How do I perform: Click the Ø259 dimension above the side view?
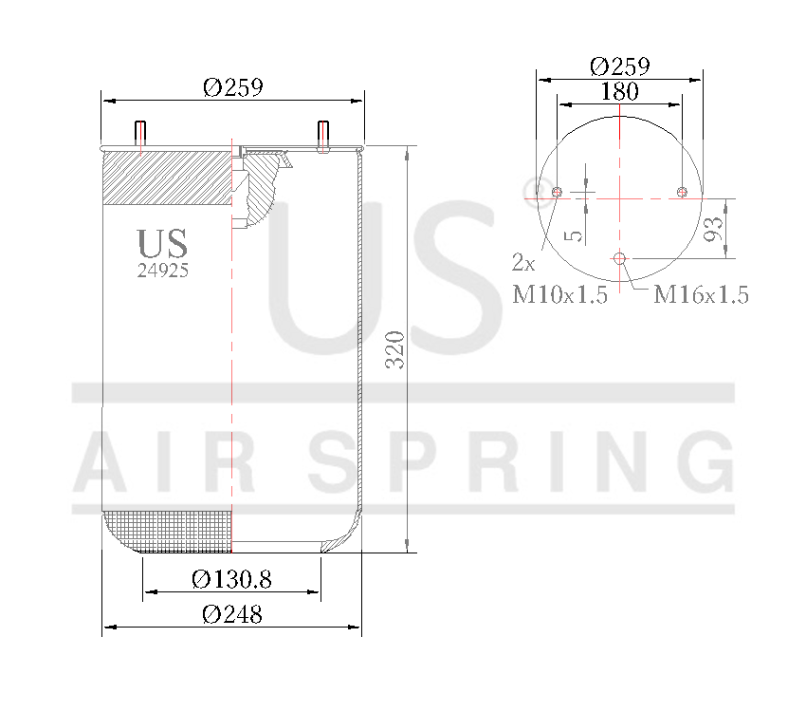232,87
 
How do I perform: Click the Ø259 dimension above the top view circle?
619,66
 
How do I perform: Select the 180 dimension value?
619,92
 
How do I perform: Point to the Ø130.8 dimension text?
231,579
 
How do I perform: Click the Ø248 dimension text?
231,614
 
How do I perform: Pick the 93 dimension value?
714,228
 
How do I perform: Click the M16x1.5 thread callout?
702,295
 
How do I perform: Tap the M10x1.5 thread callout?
559,295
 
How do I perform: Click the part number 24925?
163,270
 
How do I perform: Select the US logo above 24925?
162,243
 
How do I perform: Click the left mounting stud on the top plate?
140,137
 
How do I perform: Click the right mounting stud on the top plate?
322,137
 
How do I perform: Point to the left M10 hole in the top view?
558,193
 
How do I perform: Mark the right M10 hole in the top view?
681,193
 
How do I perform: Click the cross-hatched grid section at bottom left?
167,532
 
